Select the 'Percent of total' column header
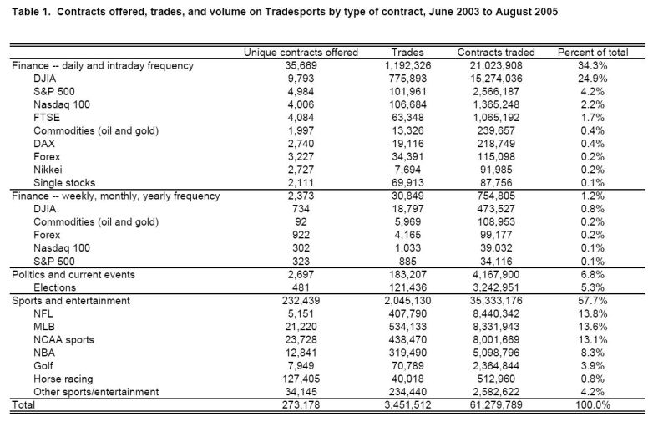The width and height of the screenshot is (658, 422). (x=593, y=53)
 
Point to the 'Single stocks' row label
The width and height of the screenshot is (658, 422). (x=64, y=183)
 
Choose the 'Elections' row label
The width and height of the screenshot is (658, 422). (x=58, y=287)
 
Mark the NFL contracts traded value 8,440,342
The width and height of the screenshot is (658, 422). (x=498, y=313)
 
